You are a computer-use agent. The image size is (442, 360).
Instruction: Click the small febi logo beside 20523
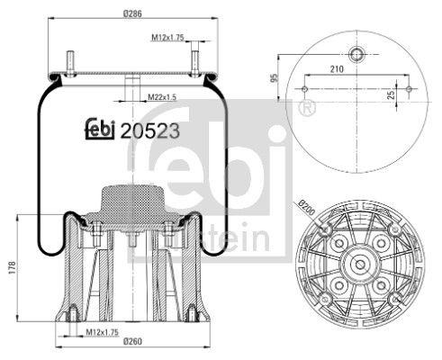pos(101,130)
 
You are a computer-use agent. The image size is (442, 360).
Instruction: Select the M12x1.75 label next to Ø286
pos(167,37)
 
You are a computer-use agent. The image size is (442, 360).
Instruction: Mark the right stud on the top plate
pos(194,66)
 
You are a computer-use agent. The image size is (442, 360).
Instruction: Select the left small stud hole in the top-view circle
pos(305,89)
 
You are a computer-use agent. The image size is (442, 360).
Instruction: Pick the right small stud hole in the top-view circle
pos(409,89)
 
